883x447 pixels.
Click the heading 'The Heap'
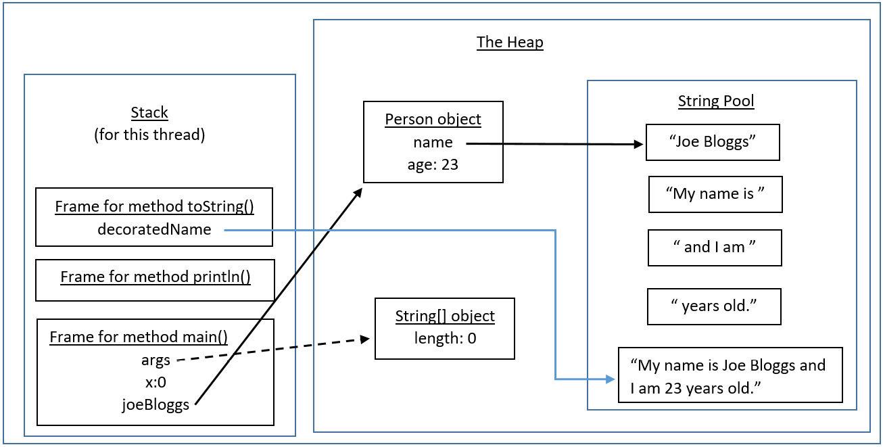click(509, 42)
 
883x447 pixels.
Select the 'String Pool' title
click(716, 101)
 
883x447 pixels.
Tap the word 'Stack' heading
click(149, 113)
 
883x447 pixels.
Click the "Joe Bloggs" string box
click(713, 143)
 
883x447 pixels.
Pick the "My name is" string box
click(715, 195)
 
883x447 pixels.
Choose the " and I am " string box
click(715, 248)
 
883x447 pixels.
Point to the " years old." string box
click(714, 306)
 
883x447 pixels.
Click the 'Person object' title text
click(433, 120)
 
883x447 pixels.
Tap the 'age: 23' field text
click(433, 164)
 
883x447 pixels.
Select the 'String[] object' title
click(444, 316)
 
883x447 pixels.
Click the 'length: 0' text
click(445, 337)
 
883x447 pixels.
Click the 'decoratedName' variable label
click(154, 230)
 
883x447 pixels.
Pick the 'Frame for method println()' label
click(156, 277)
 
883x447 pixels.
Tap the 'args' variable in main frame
click(156, 360)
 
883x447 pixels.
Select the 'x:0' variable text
click(156, 382)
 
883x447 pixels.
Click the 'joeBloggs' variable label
click(156, 405)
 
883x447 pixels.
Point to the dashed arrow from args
click(270, 350)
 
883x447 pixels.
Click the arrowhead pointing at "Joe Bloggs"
click(638, 144)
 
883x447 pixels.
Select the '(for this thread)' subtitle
click(149, 135)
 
